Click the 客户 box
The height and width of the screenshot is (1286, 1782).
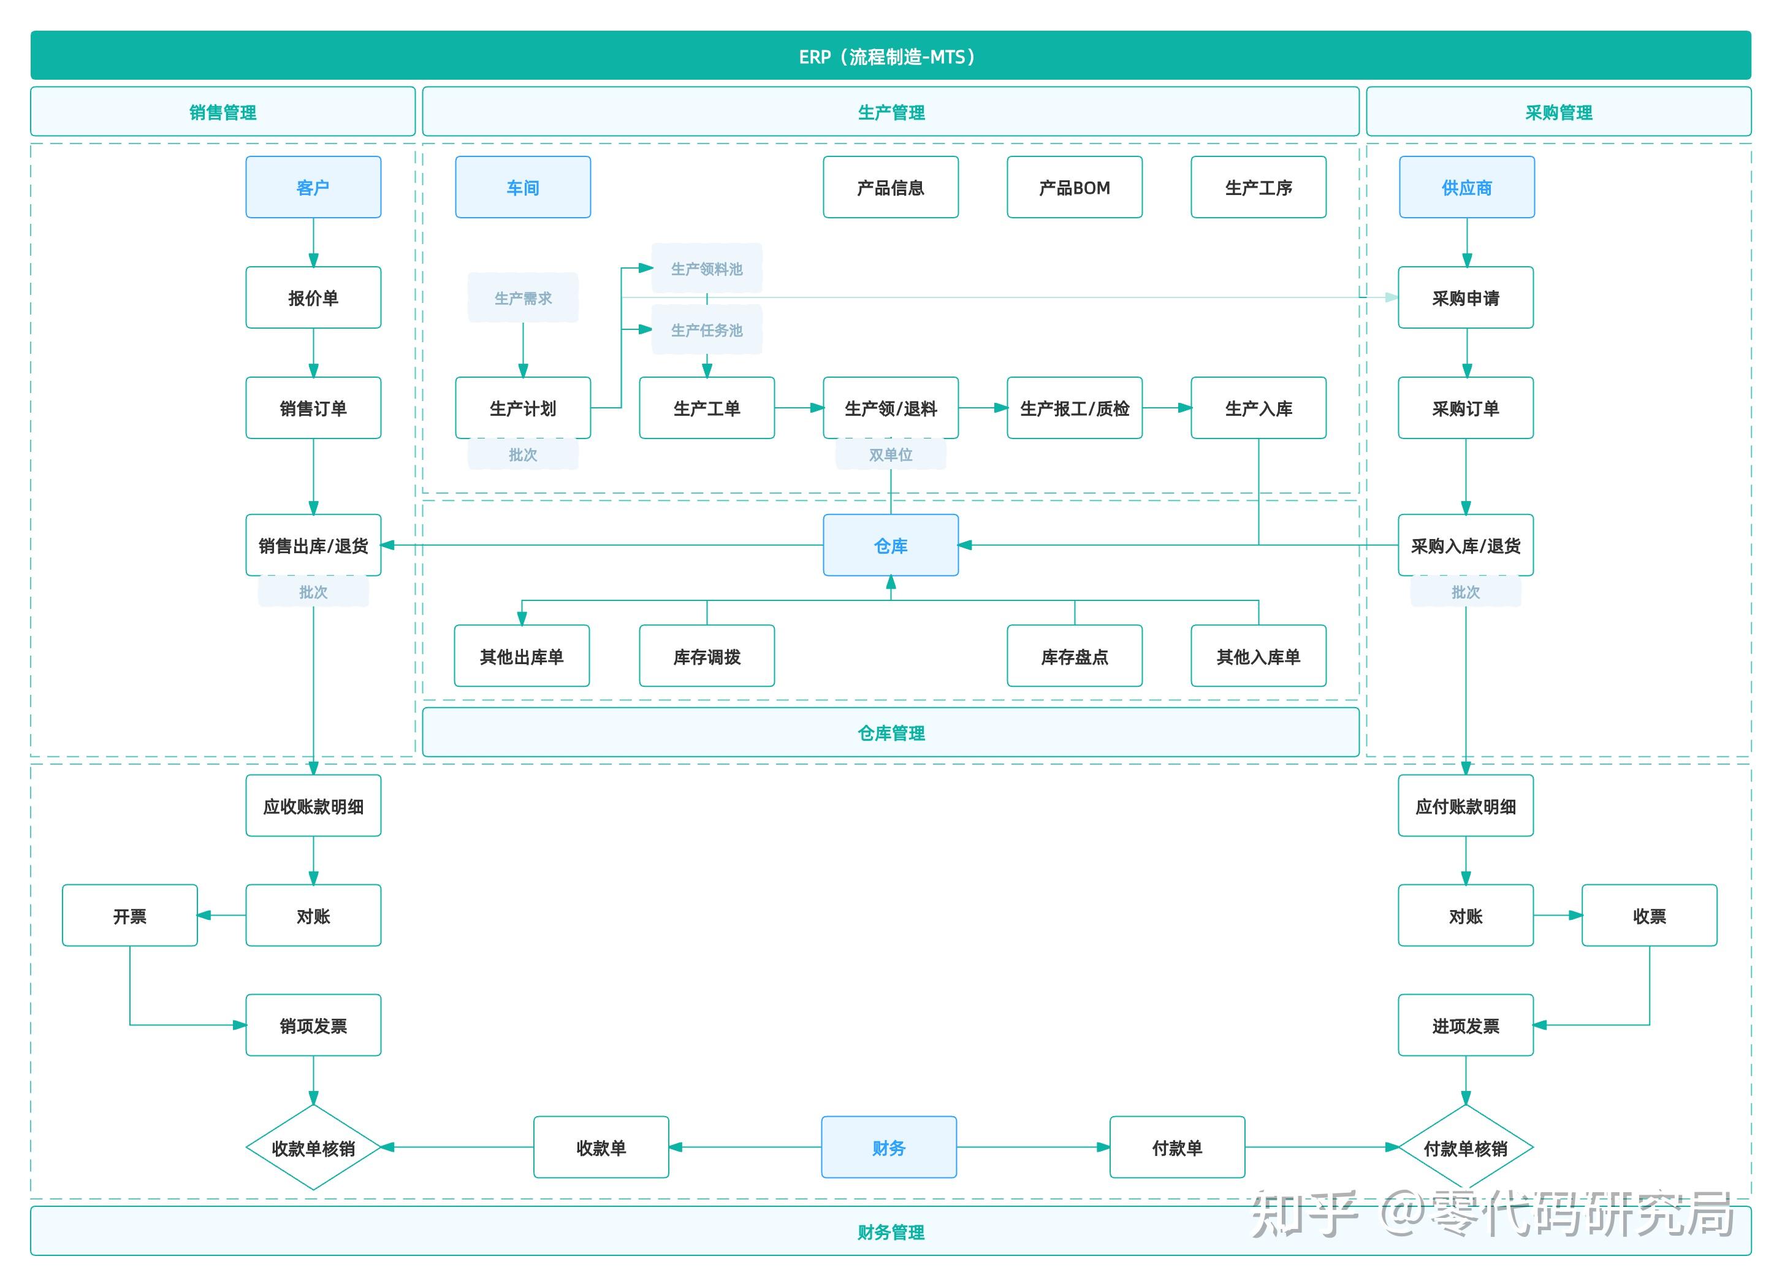click(x=313, y=187)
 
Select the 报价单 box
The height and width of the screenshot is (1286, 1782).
click(x=313, y=297)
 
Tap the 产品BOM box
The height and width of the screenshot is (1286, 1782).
click(x=1074, y=187)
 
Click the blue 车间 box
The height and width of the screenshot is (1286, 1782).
click(x=522, y=187)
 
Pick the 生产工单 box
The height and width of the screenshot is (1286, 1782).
click(x=706, y=408)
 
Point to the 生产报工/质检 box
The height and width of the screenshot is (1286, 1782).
click(x=1074, y=408)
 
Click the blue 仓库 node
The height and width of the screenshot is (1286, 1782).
click(x=890, y=546)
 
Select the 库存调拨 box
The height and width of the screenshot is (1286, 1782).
click(x=706, y=656)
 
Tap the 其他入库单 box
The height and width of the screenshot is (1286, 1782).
click(x=1258, y=656)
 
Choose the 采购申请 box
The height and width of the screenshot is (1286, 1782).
click(x=1465, y=297)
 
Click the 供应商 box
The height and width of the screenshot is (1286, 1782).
click(x=1466, y=187)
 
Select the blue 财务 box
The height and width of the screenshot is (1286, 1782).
click(x=889, y=1147)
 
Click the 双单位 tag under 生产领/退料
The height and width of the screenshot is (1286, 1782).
click(x=890, y=454)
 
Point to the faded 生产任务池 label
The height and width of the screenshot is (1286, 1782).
click(x=706, y=330)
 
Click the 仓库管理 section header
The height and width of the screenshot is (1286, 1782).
click(x=890, y=733)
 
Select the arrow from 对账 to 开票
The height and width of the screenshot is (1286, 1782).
click(x=221, y=915)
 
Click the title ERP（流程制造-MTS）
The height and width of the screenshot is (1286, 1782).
click(x=890, y=56)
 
